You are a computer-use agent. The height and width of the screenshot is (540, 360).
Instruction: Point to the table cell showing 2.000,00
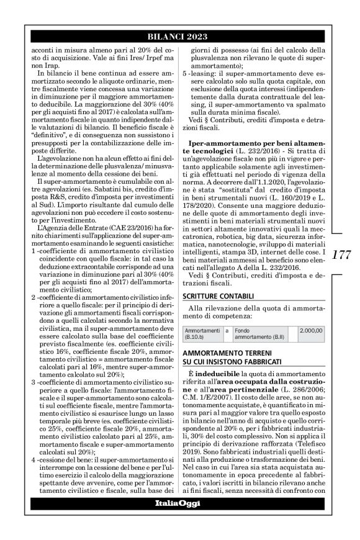click(311, 330)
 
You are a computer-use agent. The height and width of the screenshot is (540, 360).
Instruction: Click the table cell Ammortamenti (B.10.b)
click(204, 334)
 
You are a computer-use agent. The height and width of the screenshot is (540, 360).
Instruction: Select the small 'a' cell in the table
click(227, 331)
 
